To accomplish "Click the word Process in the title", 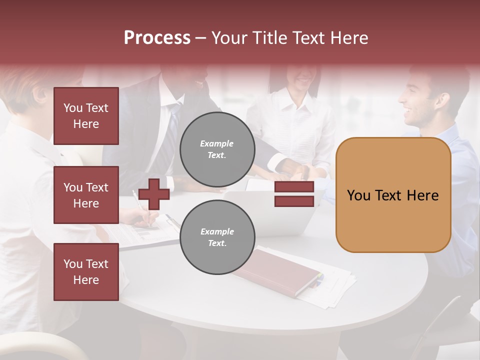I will pos(157,38).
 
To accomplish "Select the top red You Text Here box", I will pos(86,116).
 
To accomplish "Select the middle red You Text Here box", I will pos(86,195).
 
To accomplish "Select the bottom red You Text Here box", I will pos(86,272).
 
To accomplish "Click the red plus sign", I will pos(154,194).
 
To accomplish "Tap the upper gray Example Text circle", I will pos(217,149).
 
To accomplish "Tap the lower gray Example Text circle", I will pos(217,237).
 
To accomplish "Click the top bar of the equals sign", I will pos(294,187).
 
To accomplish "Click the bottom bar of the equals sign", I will pos(294,201).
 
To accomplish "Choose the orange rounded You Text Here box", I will pos(393,195).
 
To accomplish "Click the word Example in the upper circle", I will pos(217,143).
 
